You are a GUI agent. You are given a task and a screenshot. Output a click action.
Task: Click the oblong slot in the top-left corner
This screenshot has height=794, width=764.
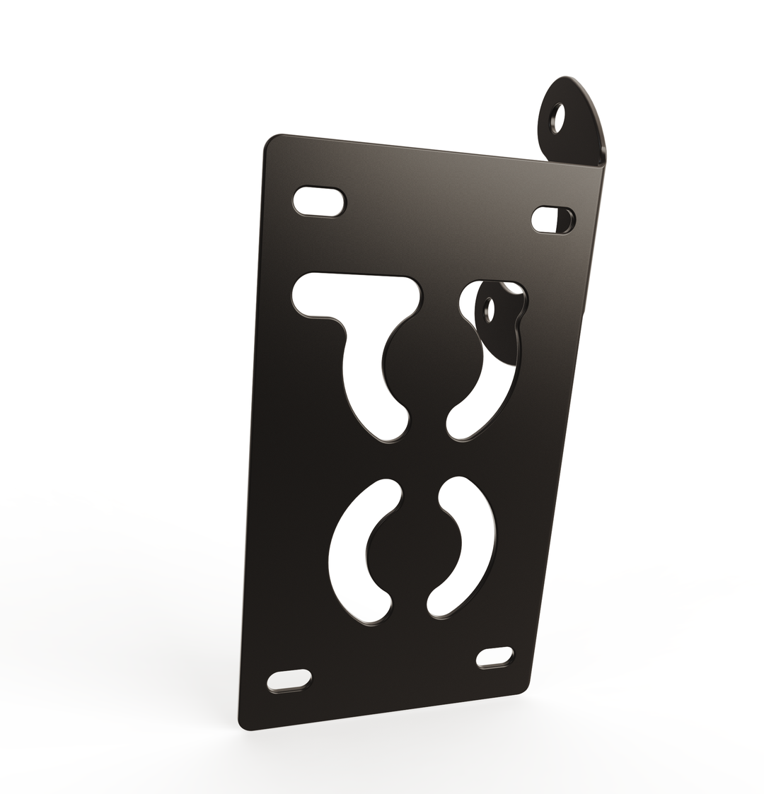[319, 202]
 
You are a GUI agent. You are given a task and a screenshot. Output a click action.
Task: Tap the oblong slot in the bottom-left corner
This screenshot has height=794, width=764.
[289, 680]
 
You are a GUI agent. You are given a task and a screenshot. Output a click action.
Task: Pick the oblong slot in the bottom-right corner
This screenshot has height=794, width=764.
[494, 658]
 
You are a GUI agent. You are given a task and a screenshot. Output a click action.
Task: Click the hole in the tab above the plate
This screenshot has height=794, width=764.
[559, 118]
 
